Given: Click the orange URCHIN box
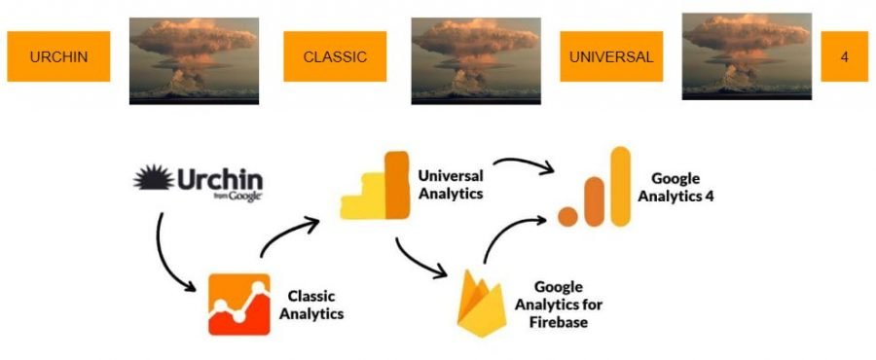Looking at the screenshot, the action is click(58, 56).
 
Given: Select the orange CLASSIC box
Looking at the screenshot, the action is click(335, 56).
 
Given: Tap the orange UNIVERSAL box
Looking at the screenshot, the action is click(611, 56).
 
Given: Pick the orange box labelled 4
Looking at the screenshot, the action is click(844, 56).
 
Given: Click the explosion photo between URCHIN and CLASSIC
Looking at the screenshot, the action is click(194, 61).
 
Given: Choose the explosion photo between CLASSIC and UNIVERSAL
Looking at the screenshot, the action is click(476, 61).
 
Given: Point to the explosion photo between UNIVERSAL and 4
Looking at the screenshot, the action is click(747, 56).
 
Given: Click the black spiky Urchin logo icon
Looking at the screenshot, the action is click(153, 177).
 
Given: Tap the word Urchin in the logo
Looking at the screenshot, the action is click(220, 179).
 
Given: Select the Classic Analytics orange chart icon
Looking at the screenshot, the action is click(239, 305).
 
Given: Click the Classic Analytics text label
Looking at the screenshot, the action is click(311, 305).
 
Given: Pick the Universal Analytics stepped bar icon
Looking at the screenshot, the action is click(376, 185).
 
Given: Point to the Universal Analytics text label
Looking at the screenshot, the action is click(451, 185).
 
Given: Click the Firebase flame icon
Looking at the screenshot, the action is click(482, 303).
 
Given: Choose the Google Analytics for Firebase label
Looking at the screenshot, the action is click(559, 305).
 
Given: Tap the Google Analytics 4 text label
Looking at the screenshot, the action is click(676, 187).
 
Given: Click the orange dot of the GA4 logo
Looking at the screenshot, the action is click(567, 217).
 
